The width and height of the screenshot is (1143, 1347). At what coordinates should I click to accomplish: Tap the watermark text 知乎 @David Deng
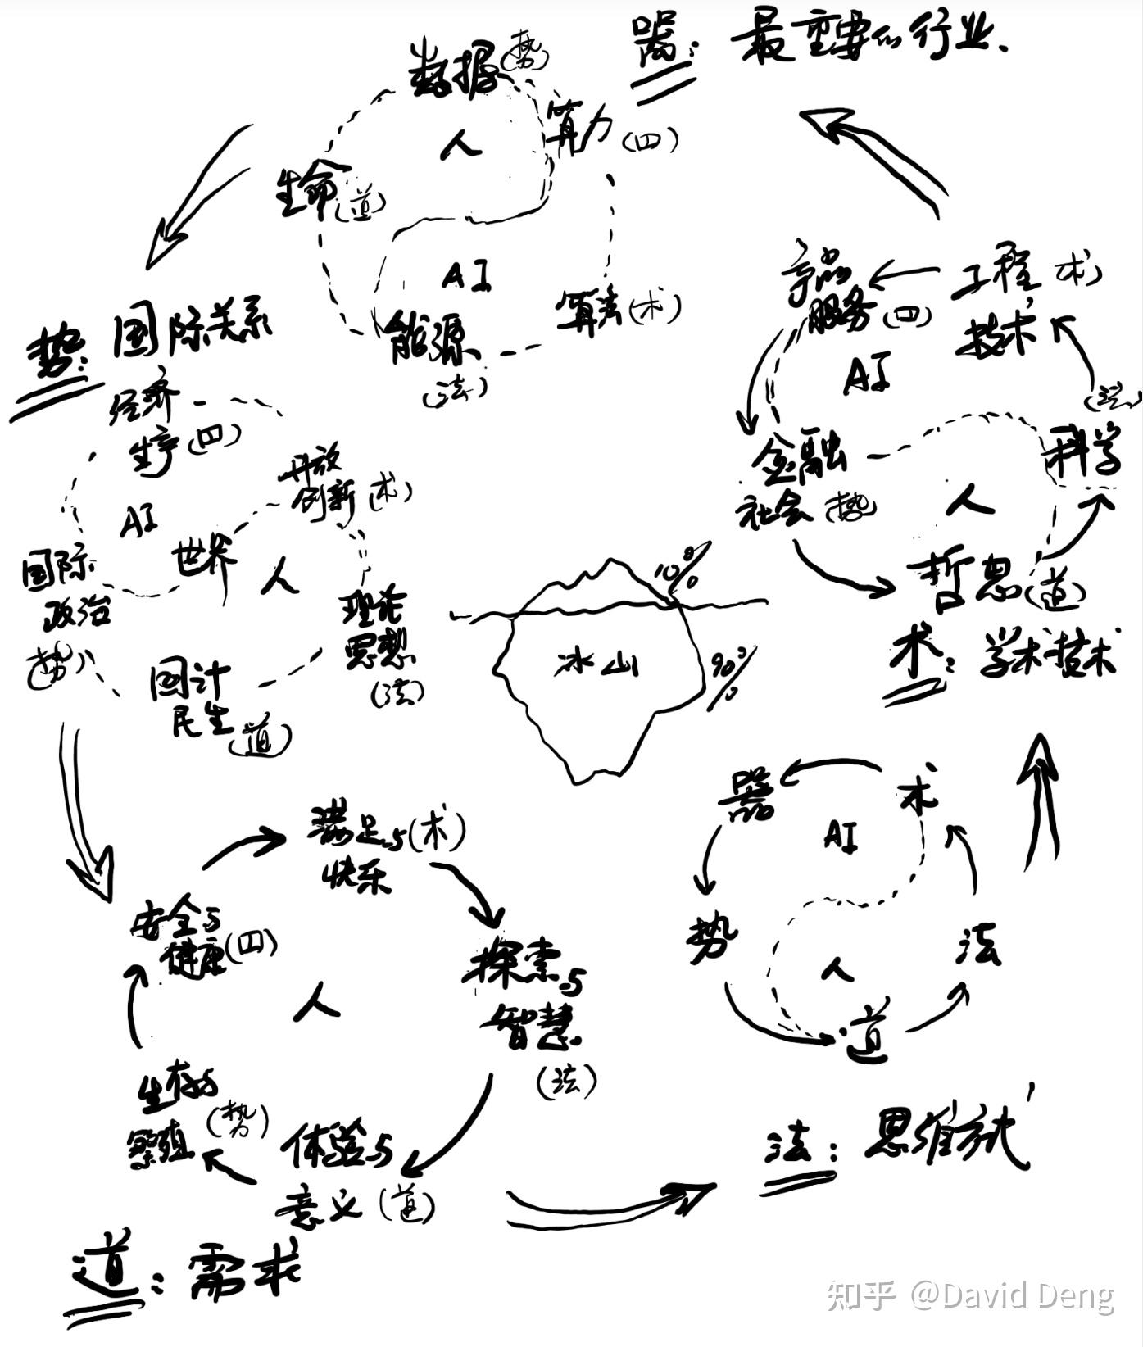(x=970, y=1295)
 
